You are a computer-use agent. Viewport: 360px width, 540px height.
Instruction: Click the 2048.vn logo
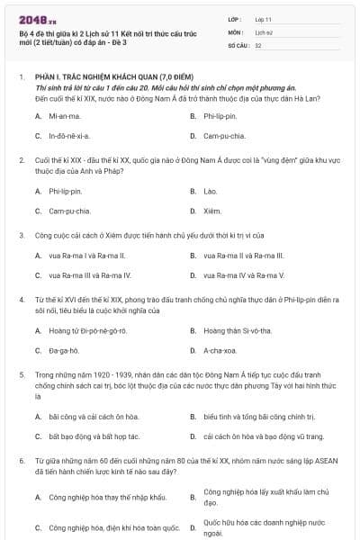point(31,20)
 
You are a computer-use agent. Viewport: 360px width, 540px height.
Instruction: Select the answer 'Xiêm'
point(212,211)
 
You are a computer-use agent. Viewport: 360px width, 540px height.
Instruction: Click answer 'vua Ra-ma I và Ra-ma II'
point(86,256)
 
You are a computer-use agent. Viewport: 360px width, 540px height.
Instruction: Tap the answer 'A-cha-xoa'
point(219,349)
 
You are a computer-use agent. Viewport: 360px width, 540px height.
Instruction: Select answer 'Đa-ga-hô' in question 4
point(64,349)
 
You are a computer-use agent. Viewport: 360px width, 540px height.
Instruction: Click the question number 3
point(21,235)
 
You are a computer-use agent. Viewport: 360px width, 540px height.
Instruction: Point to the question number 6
point(21,460)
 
